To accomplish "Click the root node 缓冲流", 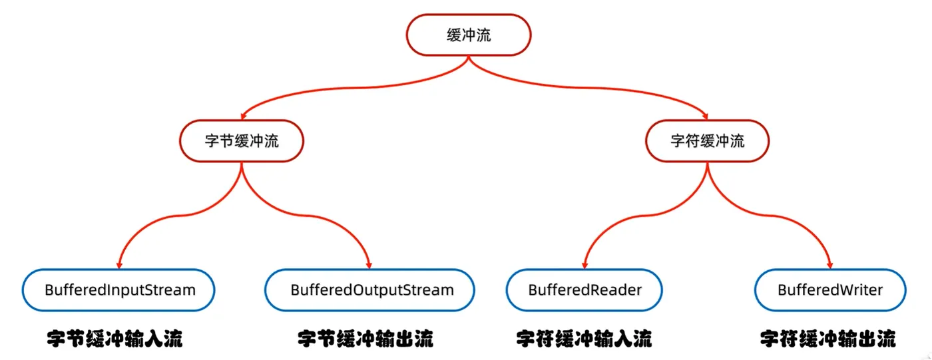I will pos(469,35).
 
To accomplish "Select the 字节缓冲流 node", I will pos(241,141).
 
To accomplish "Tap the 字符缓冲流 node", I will pos(706,141).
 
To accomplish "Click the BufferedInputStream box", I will pos(120,290).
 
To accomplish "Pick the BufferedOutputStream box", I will pos(370,290).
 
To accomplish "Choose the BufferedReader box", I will pos(584,290).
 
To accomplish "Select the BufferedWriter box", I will pos(829,290).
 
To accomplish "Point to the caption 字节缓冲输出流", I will pos(365,339).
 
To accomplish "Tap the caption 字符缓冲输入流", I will pos(584,339).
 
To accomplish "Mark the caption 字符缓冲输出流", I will pos(827,339).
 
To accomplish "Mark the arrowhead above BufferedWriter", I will pos(829,264).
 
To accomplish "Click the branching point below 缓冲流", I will pos(469,60).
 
